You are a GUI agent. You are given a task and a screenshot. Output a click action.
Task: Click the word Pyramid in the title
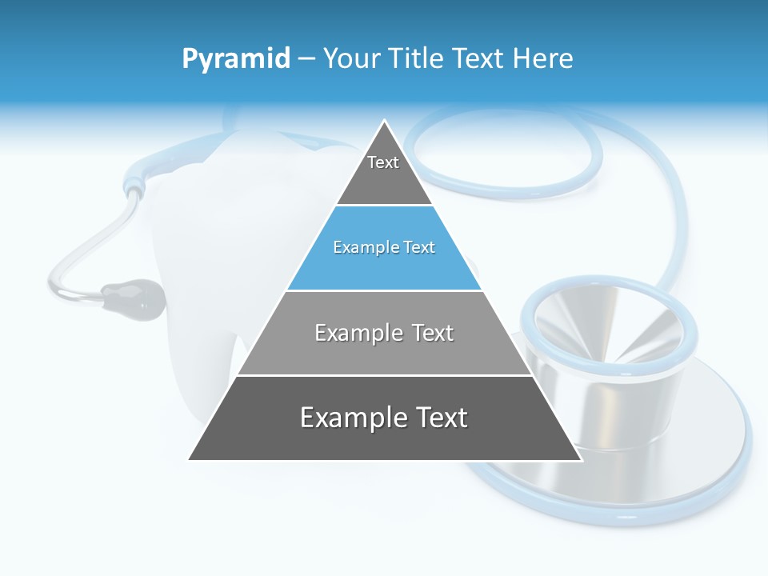pos(236,59)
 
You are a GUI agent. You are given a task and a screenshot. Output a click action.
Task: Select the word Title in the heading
pos(417,59)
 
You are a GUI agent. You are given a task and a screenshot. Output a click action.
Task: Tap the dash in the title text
pos(306,59)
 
